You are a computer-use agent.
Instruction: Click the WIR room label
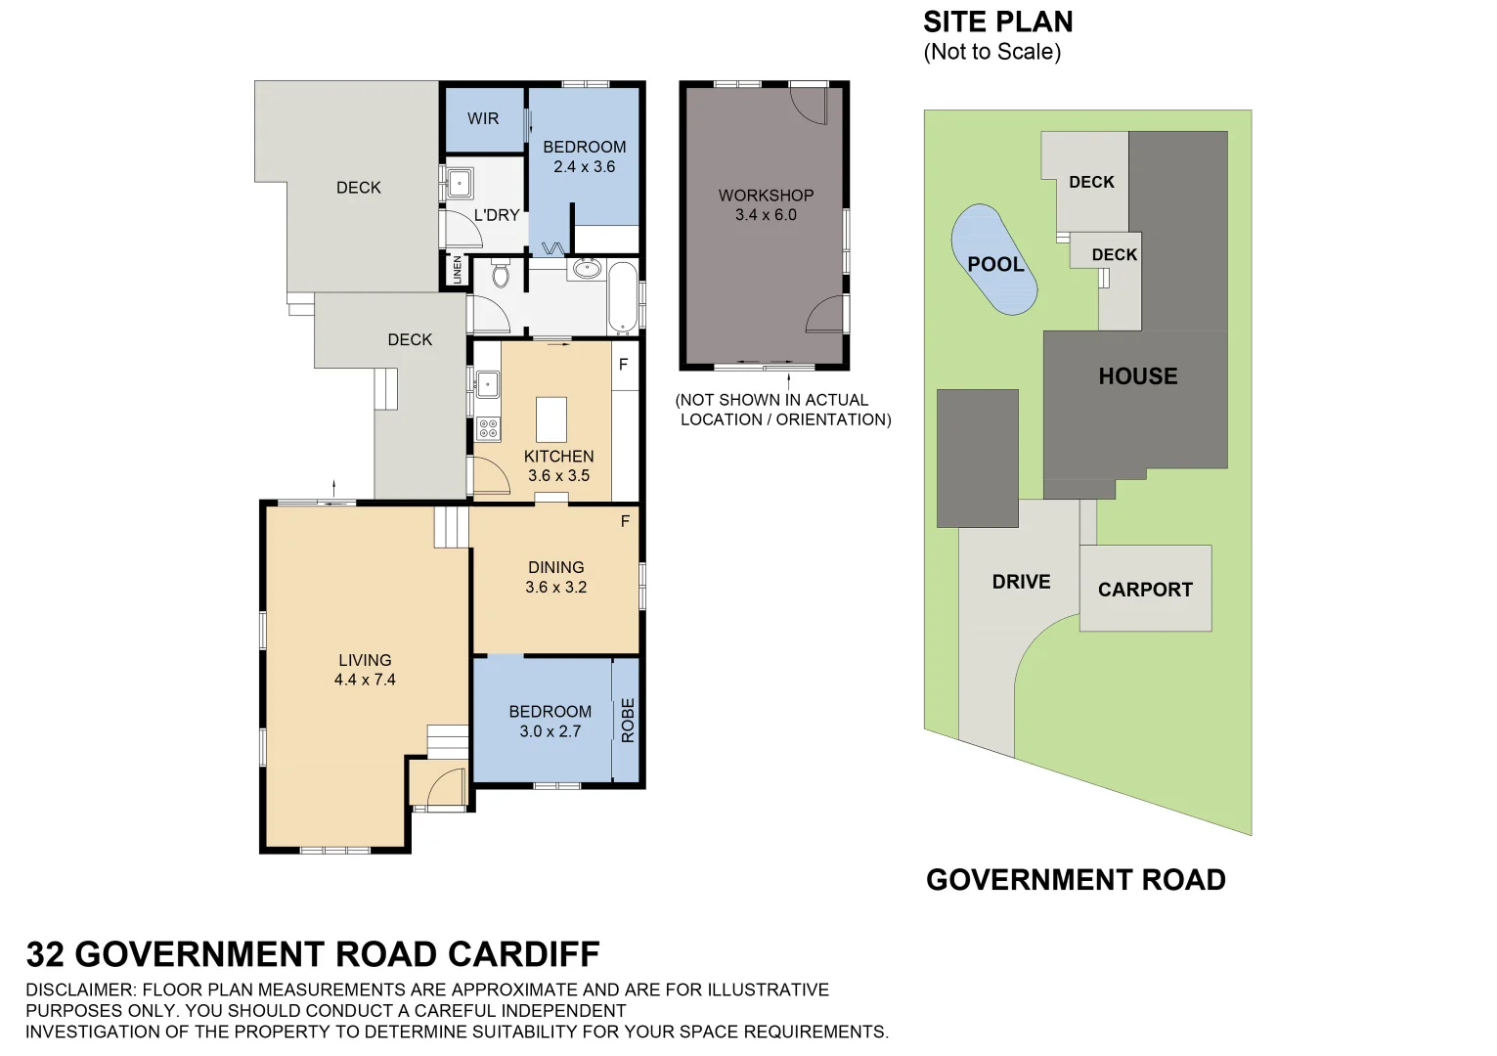pyautogui.click(x=483, y=118)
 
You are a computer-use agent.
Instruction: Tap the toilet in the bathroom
pyautogui.click(x=501, y=274)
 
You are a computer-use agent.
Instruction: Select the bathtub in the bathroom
pyautogui.click(x=622, y=296)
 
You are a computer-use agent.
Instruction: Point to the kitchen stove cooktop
pyautogui.click(x=487, y=428)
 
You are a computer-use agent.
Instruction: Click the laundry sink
pyautogui.click(x=459, y=183)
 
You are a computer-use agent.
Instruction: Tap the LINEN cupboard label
pyautogui.click(x=457, y=271)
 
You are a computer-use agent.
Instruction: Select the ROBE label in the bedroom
pyautogui.click(x=628, y=720)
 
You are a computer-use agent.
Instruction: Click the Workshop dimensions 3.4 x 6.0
pyautogui.click(x=766, y=215)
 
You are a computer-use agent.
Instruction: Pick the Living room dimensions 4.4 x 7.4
pyautogui.click(x=365, y=680)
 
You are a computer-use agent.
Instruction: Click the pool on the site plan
pyautogui.click(x=994, y=260)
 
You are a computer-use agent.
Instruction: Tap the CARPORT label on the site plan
pyautogui.click(x=1145, y=590)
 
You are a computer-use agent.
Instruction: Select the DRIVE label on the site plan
pyautogui.click(x=1021, y=582)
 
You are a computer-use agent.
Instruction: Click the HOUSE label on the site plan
pyautogui.click(x=1137, y=376)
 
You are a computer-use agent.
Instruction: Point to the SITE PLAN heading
pyautogui.click(x=997, y=22)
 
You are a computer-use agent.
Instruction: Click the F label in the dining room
pyautogui.click(x=625, y=521)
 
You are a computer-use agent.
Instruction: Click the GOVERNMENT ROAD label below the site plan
pyautogui.click(x=1076, y=880)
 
